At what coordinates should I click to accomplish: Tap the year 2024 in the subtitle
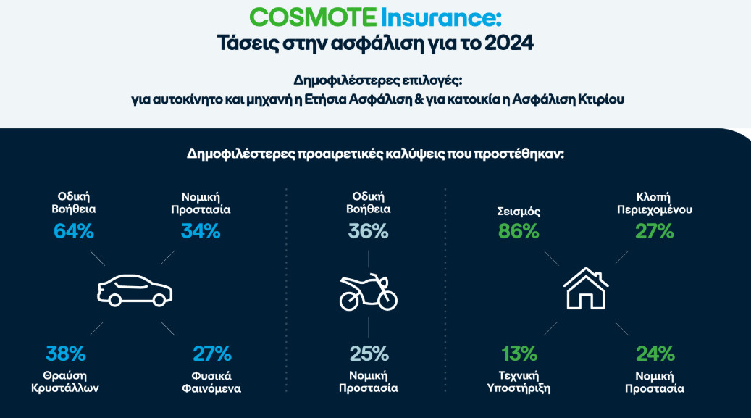[508, 43]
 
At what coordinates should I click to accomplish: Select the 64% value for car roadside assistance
[74, 232]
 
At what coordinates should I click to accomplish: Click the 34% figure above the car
[201, 232]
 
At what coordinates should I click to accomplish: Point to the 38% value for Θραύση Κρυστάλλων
[66, 354]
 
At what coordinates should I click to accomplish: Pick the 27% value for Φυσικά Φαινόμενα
[211, 354]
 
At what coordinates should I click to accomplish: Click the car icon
[135, 291]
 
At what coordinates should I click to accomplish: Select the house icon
[586, 288]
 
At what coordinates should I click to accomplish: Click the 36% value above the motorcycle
[369, 232]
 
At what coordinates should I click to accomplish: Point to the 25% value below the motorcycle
[369, 354]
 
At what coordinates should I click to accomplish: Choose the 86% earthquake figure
[519, 232]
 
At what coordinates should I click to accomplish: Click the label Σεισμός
[519, 213]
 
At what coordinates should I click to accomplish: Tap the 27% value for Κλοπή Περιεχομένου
[655, 232]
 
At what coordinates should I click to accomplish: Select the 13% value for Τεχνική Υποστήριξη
[519, 354]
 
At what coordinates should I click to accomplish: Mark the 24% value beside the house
[655, 354]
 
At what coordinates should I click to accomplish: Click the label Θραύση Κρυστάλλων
[66, 381]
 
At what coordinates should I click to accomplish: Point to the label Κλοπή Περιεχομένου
[655, 203]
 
